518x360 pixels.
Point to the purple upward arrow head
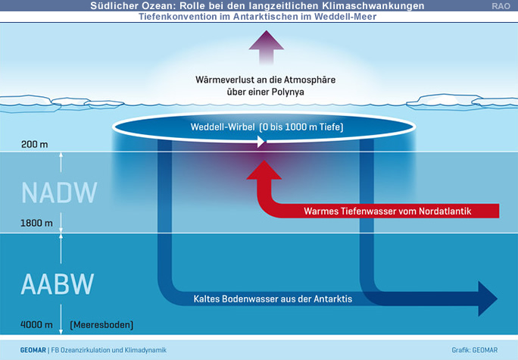[264, 40]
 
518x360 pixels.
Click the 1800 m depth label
[36, 224]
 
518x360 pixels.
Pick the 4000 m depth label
[36, 325]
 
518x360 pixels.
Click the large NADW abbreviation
[59, 193]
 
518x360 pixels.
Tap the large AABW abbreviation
[58, 284]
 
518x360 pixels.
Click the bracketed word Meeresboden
[101, 325]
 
